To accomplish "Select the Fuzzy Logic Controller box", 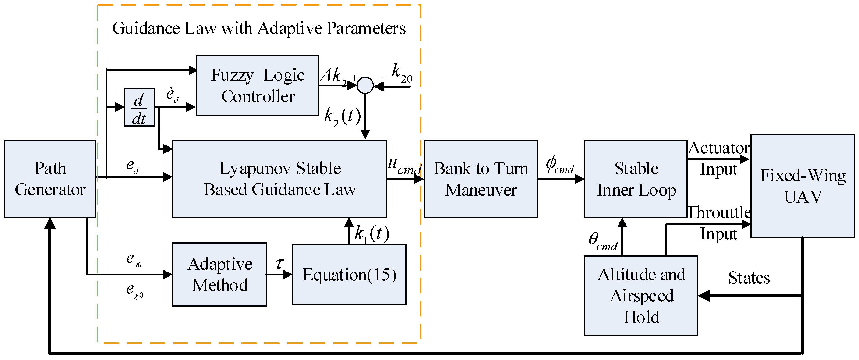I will (x=258, y=85).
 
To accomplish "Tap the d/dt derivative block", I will (x=139, y=107).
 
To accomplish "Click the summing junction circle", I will (x=365, y=85).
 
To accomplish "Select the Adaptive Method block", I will (x=219, y=274).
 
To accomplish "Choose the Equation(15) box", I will (x=349, y=274).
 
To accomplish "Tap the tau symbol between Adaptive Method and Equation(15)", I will (x=279, y=264).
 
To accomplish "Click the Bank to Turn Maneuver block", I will (x=481, y=179).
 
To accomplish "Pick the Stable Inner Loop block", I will (x=636, y=179).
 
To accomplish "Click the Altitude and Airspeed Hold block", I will (x=641, y=295).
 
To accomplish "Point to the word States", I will (x=749, y=278).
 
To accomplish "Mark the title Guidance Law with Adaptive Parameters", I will (x=259, y=28).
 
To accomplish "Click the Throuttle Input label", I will (x=719, y=223).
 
